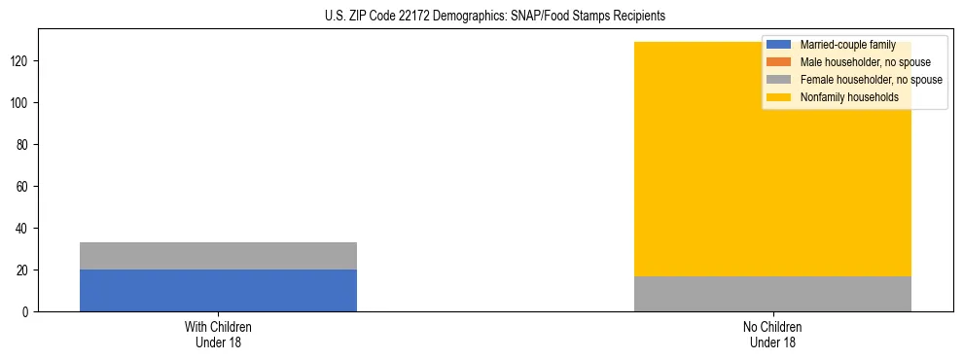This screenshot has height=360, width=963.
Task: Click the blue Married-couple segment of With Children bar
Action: pos(218,290)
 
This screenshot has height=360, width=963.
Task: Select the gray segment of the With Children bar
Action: pos(218,256)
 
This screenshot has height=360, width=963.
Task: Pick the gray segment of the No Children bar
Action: pos(772,294)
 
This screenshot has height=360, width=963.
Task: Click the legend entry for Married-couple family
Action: pos(847,45)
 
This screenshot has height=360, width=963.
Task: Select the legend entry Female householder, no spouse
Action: pos(871,80)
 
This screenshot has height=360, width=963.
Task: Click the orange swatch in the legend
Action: pos(779,62)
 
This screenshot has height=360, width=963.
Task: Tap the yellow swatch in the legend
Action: pos(779,97)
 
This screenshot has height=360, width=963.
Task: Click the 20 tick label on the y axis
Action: pos(24,270)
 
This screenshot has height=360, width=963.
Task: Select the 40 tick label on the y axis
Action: pos(24,228)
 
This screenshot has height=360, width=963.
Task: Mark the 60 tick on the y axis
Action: pos(24,186)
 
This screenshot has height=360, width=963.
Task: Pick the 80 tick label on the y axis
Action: pos(24,144)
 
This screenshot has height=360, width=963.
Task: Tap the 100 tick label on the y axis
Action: pos(21,102)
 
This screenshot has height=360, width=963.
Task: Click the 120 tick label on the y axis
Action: pos(21,60)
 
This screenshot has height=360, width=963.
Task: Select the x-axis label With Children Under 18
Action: pos(218,334)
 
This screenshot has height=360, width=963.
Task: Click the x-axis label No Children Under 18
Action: pos(772,334)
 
